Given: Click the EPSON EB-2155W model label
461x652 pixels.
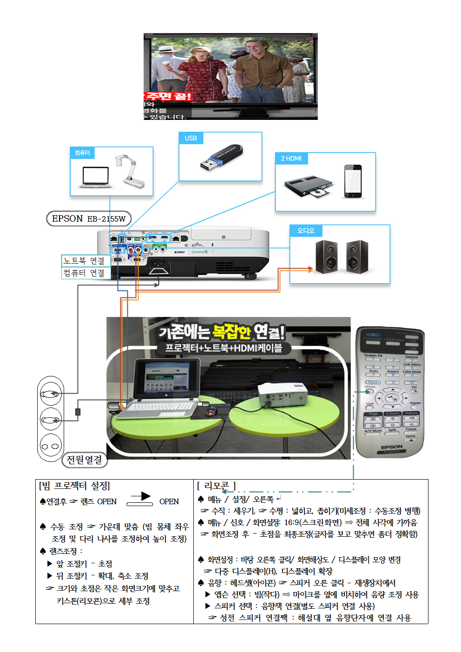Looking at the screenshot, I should tap(89, 218).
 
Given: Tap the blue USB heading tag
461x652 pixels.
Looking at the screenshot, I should tap(191, 138).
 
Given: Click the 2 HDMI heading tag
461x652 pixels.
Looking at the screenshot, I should tap(291, 158).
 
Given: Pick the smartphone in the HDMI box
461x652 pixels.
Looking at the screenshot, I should tap(353, 181).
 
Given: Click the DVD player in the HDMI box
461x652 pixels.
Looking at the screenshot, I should tap(308, 186).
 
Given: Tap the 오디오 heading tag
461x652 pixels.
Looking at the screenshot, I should tap(306, 231).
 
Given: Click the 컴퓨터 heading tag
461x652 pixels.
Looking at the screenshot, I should tap(82, 153).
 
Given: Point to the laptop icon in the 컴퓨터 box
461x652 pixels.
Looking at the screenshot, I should tap(95, 177).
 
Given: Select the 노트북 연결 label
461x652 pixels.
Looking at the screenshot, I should tap(85, 261).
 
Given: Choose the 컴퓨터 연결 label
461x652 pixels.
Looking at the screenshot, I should tap(85, 273).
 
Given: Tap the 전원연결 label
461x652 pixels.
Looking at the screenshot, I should tap(84, 460).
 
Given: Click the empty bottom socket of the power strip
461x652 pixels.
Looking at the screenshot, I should tap(50, 446).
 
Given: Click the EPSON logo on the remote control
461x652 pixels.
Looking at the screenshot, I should tap(391, 447).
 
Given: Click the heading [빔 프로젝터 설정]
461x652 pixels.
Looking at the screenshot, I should tap(74, 486).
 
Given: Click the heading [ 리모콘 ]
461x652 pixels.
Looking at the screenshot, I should tap(217, 486).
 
